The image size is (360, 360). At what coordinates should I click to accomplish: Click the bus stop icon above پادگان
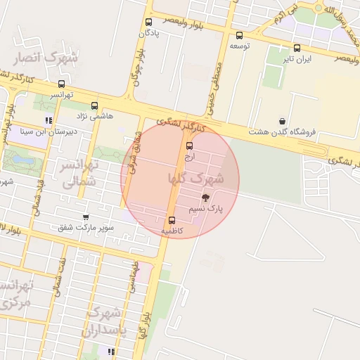tap(148, 22)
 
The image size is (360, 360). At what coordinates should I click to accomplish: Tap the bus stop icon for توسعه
tap(239, 35)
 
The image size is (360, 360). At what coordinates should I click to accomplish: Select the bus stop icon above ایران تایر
tap(297, 49)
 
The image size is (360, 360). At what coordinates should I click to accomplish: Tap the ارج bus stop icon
tap(188, 146)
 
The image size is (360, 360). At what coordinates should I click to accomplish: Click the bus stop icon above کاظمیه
tap(173, 220)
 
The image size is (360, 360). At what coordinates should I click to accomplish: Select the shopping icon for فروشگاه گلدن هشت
tap(282, 121)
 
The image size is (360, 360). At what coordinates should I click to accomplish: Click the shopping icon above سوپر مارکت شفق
tap(86, 217)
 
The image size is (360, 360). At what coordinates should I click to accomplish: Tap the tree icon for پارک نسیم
tap(205, 198)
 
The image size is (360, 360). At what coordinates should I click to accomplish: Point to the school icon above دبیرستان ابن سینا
tap(49, 120)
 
